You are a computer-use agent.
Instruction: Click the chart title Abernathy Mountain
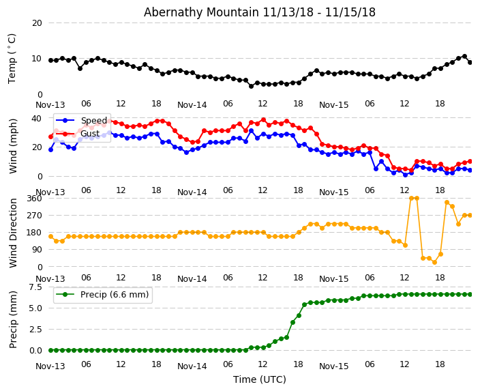point(259,12)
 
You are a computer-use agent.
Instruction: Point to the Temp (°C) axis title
point(12,58)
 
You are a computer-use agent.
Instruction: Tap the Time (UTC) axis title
point(259,379)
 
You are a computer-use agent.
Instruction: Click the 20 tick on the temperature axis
point(37,23)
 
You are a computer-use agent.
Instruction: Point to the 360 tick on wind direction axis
point(33,198)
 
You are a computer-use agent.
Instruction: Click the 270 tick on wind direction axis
point(33,215)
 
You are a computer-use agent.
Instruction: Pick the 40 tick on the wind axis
point(37,118)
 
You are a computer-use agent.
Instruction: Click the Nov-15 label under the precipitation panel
point(333,366)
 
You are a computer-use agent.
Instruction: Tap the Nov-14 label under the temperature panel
point(192,104)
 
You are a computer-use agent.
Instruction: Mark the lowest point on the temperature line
point(251,86)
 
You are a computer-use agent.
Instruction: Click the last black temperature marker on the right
point(470,62)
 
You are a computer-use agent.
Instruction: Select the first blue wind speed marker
point(50,149)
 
